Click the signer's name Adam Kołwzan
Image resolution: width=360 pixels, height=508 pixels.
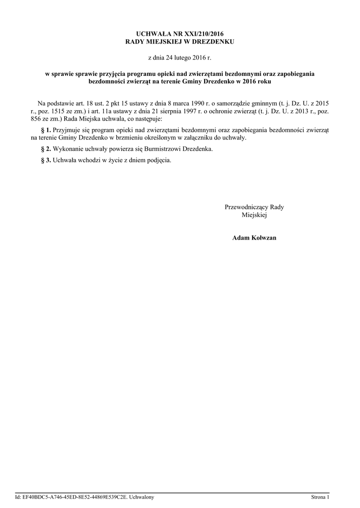click(x=254, y=238)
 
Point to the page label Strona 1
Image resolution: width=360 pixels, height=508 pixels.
click(x=320, y=497)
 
